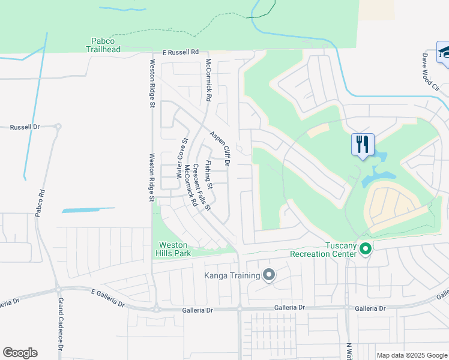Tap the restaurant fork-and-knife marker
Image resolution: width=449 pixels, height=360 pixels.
[363, 145]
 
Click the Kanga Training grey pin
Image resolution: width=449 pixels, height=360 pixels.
[269, 275]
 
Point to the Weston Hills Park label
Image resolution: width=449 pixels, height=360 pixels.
[173, 249]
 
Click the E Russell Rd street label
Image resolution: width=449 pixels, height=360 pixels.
[175, 53]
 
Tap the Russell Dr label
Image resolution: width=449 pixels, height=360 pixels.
[25, 127]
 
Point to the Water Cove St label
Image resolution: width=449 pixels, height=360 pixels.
[181, 158]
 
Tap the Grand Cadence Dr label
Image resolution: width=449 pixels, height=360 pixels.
[61, 330]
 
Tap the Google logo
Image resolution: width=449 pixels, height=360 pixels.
[20, 353]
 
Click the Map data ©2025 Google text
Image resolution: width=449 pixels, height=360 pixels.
[411, 355]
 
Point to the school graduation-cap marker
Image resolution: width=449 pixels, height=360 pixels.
[444, 52]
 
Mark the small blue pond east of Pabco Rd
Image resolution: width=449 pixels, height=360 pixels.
[88, 210]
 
